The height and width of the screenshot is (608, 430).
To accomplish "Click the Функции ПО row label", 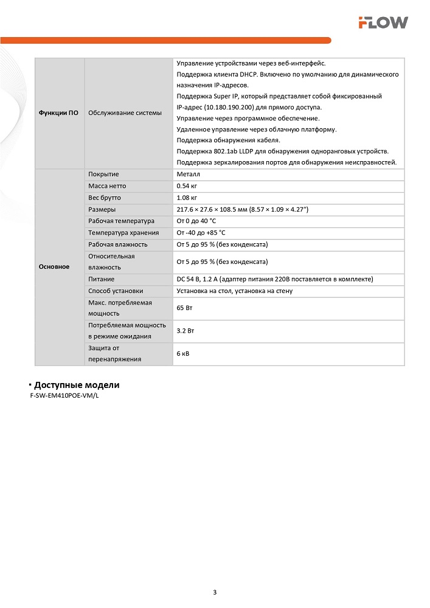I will [x=58, y=113].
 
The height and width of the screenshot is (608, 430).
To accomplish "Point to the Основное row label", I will [x=54, y=267].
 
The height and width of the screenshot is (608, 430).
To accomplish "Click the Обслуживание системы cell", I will [x=125, y=113].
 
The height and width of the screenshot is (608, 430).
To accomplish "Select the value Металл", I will [x=187, y=174].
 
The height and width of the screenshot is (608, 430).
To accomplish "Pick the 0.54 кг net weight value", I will [x=187, y=186].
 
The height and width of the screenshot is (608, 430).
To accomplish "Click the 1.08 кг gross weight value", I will [x=187, y=198].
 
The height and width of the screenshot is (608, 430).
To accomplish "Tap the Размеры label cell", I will [x=102, y=209].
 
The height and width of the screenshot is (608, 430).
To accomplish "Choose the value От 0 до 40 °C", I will [x=196, y=221].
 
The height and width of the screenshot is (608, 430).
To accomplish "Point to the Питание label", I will [x=102, y=279].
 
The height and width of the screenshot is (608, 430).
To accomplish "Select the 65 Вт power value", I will [x=184, y=309].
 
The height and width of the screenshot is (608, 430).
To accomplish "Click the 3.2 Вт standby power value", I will [x=186, y=331].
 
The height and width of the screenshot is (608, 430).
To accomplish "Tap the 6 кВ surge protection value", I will [x=182, y=353].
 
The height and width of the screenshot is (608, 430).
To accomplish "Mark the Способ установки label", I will [x=116, y=291].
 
